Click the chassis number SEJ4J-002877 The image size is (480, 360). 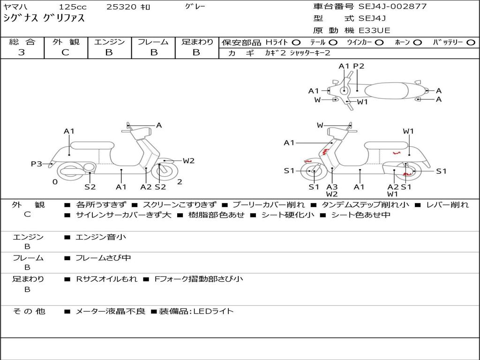pos(392,7)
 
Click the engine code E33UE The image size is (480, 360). pos(375,30)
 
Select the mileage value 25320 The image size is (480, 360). pos(121,7)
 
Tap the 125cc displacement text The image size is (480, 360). pos(73,7)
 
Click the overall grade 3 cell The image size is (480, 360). pos(22,52)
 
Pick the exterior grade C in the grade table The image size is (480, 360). pos(65,52)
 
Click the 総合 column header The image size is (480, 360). pos(22,42)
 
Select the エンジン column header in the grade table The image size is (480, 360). pos(109,42)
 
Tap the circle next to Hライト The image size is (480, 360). pos(296,42)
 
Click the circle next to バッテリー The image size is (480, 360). pos(471,42)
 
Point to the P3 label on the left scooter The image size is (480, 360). pos(37,164)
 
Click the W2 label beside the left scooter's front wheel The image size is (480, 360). pos(188,161)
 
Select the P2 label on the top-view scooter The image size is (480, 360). pos(359,66)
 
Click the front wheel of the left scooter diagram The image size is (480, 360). pos(164,172)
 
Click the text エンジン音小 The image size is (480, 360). pos(101,237)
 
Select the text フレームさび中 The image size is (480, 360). pos(103,258)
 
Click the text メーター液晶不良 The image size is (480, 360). pos(111,311)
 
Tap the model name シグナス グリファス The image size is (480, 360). pos(44,19)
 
